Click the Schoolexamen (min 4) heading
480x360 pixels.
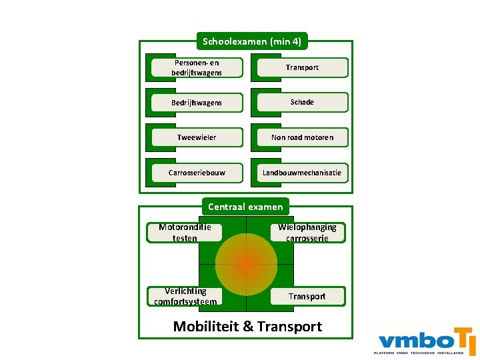252,41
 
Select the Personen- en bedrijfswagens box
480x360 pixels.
197,67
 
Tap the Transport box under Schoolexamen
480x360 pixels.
302,67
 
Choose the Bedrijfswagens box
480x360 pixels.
197,103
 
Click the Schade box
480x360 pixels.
302,102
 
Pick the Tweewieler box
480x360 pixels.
197,137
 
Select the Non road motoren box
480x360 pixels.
302,137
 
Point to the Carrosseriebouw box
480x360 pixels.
197,173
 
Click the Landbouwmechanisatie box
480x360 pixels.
302,173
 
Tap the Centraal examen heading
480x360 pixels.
245,207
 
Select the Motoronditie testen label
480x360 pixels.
185,232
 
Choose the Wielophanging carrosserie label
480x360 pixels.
307,232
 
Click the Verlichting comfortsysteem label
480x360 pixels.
185,296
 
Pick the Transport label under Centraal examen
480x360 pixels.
307,296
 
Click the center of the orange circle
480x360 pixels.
246,264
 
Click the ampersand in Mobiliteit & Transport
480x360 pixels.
248,327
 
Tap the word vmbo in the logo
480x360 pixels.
407,337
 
